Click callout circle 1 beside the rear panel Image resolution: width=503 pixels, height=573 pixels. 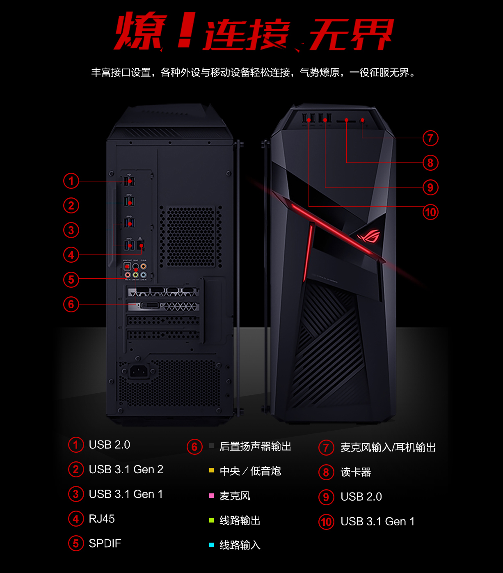pos(71,181)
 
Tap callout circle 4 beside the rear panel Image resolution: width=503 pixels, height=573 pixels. pos(71,255)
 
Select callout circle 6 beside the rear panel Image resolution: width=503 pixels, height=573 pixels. pos(71,304)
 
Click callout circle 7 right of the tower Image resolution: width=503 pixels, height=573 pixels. pos(430,138)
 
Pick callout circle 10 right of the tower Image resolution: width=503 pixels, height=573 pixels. pos(430,212)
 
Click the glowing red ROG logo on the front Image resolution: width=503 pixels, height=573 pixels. pos(368,236)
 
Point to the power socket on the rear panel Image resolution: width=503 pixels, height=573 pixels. pos(138,371)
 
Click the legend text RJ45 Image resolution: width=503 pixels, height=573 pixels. pos(102,519)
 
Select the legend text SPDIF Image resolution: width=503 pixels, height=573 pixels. pos(105,543)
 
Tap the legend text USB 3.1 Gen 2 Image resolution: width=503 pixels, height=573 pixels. pos(126,470)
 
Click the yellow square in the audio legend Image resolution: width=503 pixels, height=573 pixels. pos(212,470)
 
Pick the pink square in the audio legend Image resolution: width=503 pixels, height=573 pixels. pos(212,495)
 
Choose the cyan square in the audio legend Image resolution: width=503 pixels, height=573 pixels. pos(212,545)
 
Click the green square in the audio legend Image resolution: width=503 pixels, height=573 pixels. pos(212,520)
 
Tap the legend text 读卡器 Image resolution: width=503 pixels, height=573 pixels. pos(356,472)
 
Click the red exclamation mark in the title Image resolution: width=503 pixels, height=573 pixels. pos(185,31)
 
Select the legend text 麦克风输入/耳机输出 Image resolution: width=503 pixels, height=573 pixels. pos(388,447)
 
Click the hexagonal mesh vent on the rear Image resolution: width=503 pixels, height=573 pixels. pos(191,236)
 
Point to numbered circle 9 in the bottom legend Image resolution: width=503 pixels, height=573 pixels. pos(326,497)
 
